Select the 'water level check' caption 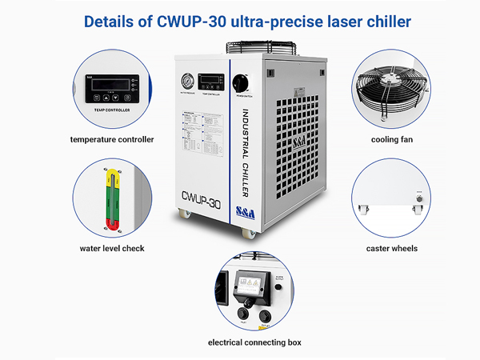click(112, 248)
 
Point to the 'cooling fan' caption click(391, 139)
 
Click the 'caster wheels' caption click(391, 248)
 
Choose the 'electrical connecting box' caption click(254, 342)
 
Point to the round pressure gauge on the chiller click(186, 81)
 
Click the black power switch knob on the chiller click(239, 82)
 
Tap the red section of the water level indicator click(112, 222)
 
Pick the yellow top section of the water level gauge click(112, 174)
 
